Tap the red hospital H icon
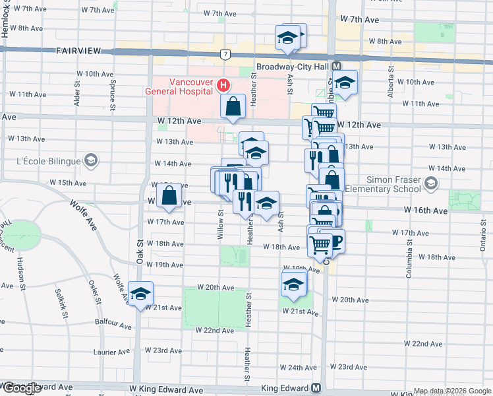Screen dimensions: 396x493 [223, 85]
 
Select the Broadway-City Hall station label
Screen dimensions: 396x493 [293, 67]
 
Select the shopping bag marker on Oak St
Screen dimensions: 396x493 [169, 195]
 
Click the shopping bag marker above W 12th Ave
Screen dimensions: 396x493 [234, 106]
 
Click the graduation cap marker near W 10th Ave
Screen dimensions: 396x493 [343, 82]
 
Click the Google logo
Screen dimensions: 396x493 [21, 388]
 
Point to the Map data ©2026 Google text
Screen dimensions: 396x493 [451, 391]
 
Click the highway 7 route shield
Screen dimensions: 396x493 [225, 53]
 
